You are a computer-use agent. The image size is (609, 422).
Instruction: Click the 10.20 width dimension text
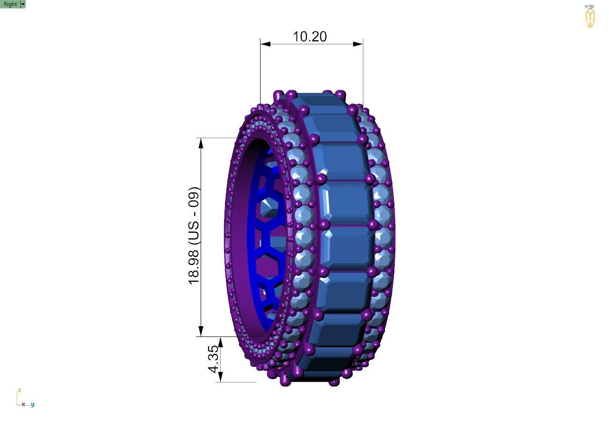[309, 36]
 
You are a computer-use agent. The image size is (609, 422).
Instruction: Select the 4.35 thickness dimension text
[213, 358]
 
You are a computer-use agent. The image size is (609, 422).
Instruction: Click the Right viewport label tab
[10, 4]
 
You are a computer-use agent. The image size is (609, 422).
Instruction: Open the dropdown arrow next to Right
[23, 4]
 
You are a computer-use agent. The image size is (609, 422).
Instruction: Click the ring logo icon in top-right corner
[590, 16]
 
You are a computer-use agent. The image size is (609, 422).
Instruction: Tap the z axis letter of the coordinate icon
[19, 390]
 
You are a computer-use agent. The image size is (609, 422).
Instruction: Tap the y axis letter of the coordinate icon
[33, 404]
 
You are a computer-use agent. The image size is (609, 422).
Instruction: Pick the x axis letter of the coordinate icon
[23, 404]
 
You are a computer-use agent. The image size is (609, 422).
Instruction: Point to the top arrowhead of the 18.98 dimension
[201, 143]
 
